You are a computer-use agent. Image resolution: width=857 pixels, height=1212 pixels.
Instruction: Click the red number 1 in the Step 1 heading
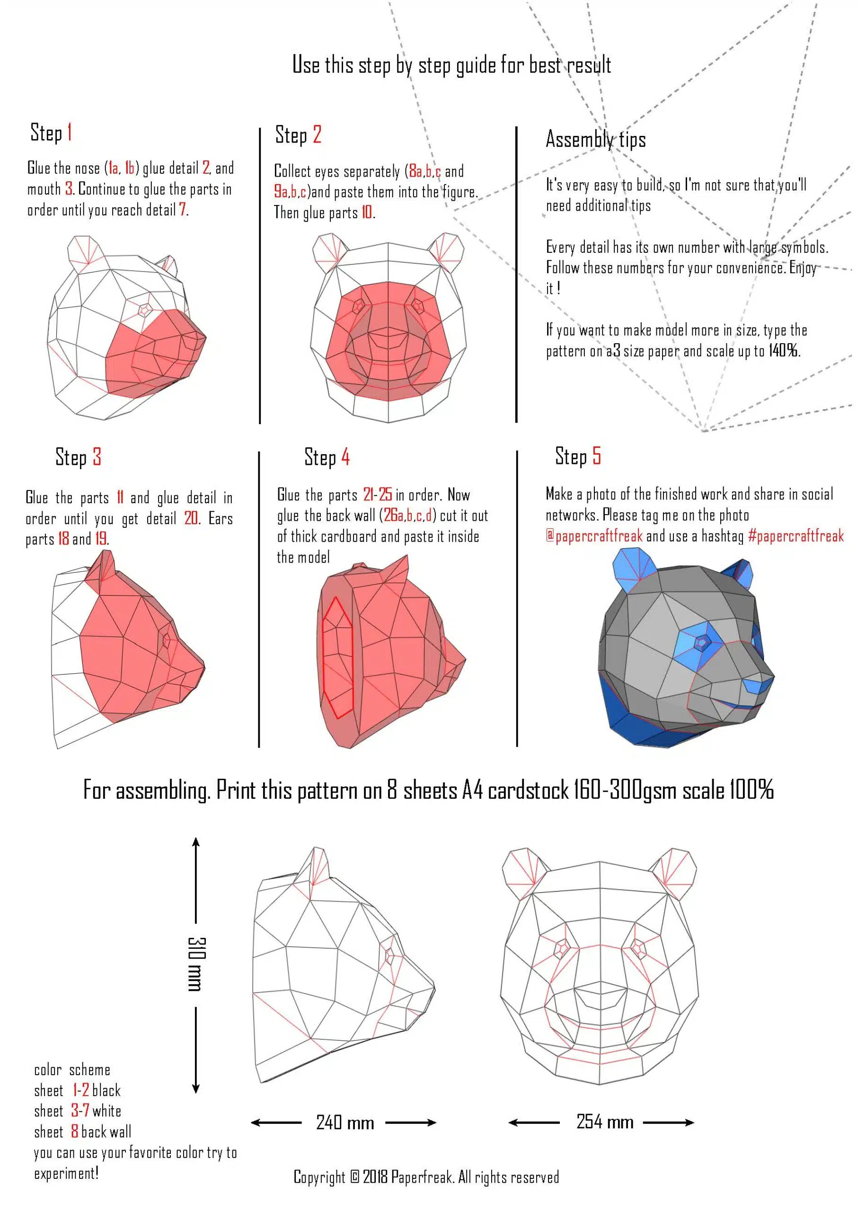tap(70, 133)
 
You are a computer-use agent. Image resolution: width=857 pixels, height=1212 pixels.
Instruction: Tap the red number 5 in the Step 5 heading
tap(596, 456)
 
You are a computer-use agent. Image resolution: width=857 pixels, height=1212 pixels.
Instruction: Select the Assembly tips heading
tap(595, 139)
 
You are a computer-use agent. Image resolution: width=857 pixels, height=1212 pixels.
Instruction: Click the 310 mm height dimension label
tap(197, 964)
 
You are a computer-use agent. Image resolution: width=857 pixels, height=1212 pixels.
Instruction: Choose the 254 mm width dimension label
tap(604, 1121)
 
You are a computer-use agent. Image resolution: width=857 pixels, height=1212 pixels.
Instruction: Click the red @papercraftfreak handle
tap(594, 536)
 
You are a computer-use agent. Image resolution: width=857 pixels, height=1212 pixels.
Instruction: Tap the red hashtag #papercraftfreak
tap(795, 536)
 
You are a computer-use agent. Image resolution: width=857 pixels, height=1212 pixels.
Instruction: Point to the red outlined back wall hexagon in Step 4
tap(336, 657)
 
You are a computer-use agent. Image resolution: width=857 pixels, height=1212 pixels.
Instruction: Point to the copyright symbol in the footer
tap(354, 1176)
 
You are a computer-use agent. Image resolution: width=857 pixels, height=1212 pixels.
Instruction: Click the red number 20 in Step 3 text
tap(191, 518)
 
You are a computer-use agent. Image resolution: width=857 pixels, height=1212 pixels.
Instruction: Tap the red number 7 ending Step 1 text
tap(183, 210)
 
